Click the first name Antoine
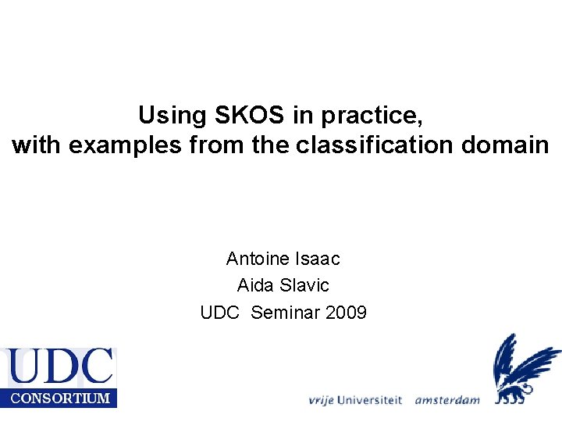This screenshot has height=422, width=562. (257, 258)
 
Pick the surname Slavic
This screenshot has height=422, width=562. (302, 285)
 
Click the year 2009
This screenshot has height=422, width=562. (346, 313)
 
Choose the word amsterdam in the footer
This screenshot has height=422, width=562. (446, 399)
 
